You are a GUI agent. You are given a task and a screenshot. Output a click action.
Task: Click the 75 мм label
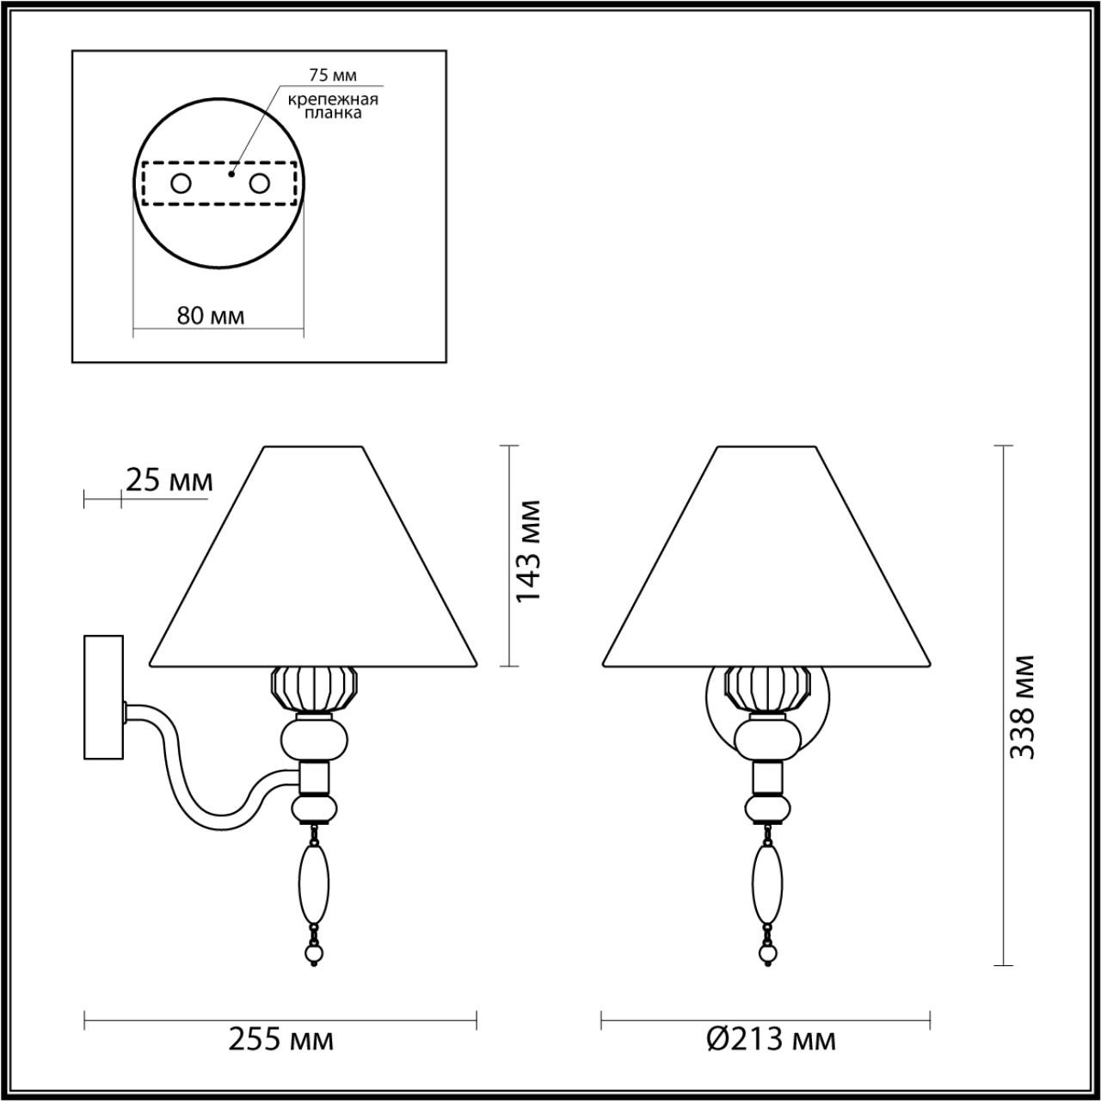pyautogui.click(x=331, y=75)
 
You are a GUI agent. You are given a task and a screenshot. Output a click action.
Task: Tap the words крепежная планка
pyautogui.click(x=334, y=106)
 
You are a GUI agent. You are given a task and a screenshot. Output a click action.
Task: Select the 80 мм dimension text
pyautogui.click(x=211, y=316)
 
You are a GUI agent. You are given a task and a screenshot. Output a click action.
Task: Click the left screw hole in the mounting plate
pyautogui.click(x=181, y=182)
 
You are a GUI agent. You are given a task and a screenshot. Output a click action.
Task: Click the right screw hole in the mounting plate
pyautogui.click(x=259, y=182)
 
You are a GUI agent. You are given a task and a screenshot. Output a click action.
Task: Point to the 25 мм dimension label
pyautogui.click(x=169, y=480)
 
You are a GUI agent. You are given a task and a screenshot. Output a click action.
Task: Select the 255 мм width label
pyautogui.click(x=280, y=1040)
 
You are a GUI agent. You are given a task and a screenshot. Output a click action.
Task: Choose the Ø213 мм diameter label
pyautogui.click(x=771, y=1040)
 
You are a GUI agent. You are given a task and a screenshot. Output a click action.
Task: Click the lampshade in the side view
pyautogui.click(x=313, y=568)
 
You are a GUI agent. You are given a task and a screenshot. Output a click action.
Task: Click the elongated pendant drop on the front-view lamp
pyautogui.click(x=768, y=882)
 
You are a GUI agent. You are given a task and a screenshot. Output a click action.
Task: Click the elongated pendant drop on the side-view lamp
pyautogui.click(x=313, y=882)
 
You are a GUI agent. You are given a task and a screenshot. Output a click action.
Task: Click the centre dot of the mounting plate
pyautogui.click(x=231, y=173)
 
